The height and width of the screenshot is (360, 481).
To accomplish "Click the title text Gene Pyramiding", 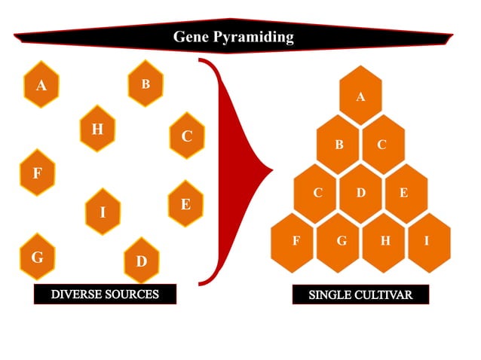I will pyautogui.click(x=233, y=36).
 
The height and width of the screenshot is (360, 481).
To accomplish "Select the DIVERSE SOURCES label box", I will pyautogui.click(x=105, y=294).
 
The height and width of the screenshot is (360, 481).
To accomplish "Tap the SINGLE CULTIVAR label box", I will pyautogui.click(x=360, y=294).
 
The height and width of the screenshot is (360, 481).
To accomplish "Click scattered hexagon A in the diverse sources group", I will pyautogui.click(x=41, y=84).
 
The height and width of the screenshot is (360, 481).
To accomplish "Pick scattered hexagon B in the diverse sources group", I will pyautogui.click(x=146, y=84).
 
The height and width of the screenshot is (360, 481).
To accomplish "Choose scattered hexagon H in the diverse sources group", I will pyautogui.click(x=97, y=129).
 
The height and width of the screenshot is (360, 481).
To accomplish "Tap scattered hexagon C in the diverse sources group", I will pyautogui.click(x=187, y=136).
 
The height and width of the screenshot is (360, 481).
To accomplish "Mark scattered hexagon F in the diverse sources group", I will pyautogui.click(x=37, y=173).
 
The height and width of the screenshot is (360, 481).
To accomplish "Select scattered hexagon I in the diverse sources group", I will pyautogui.click(x=103, y=212).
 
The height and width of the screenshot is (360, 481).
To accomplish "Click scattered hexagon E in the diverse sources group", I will pyautogui.click(x=185, y=203).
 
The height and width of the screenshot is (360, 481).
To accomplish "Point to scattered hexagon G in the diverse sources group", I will pyautogui.click(x=37, y=256).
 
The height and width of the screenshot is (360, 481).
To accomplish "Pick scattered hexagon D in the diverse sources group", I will pyautogui.click(x=141, y=261).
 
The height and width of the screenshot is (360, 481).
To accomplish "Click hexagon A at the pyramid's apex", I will pyautogui.click(x=360, y=96).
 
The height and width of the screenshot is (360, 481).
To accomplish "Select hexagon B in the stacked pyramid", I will pyautogui.click(x=339, y=145).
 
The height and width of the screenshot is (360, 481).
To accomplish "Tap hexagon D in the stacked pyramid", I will pyautogui.click(x=360, y=193).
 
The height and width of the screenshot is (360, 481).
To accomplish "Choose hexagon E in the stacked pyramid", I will pyautogui.click(x=404, y=193).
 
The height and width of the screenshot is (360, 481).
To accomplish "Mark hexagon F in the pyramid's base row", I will pyautogui.click(x=296, y=241).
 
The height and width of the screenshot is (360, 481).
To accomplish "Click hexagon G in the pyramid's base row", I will pyautogui.click(x=340, y=241).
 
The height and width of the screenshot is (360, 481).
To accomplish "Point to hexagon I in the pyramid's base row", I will pyautogui.click(x=427, y=241).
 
